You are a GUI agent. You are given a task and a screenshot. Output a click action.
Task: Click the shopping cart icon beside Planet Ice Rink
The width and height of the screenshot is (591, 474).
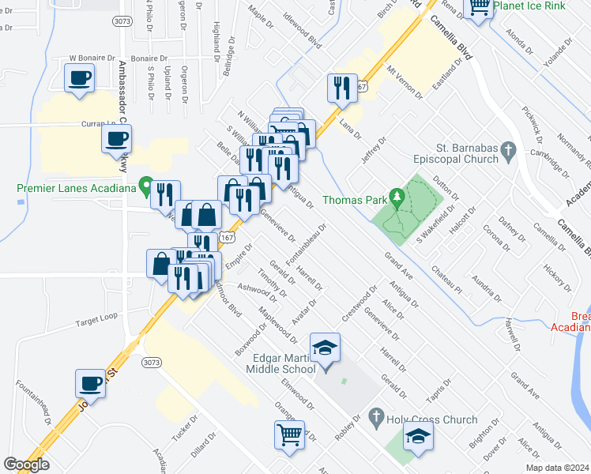(480, 7)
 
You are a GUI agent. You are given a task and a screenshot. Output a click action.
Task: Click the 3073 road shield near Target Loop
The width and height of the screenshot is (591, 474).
(151, 362)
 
